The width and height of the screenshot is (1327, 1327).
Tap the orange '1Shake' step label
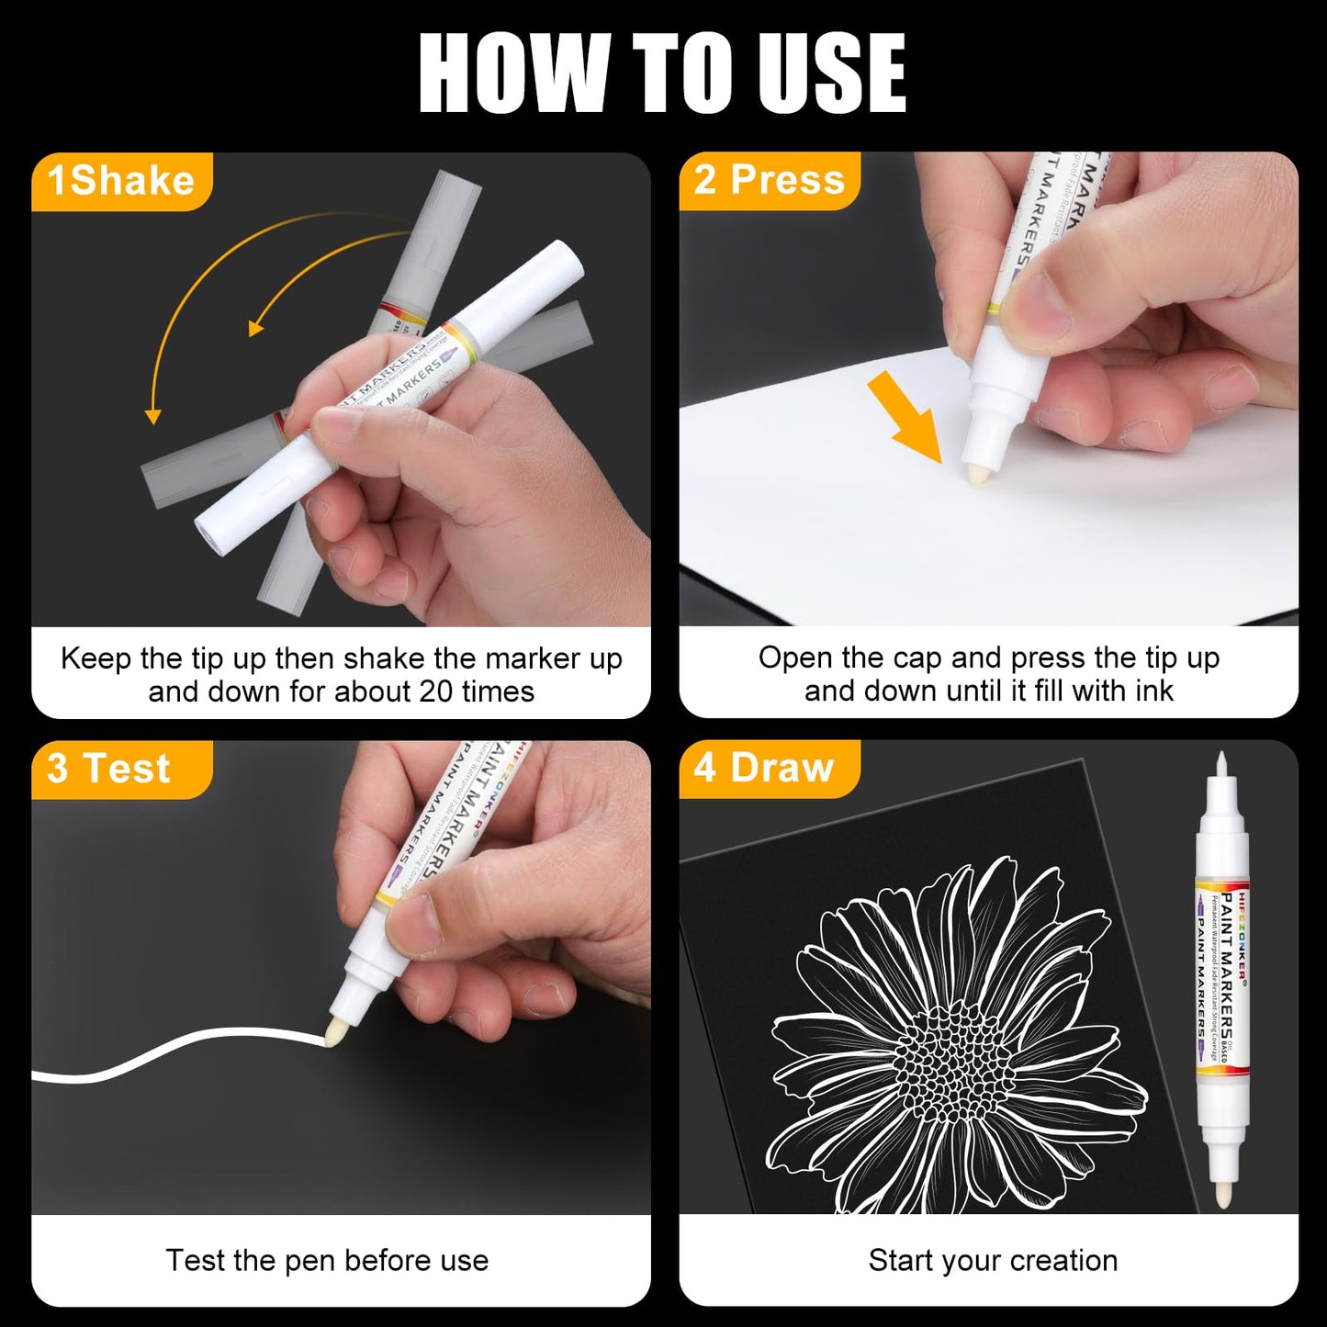(121, 181)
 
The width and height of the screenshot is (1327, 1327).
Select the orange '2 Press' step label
(769, 180)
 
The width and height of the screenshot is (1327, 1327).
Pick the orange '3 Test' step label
(109, 769)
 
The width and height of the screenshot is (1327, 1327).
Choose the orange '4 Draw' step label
(763, 768)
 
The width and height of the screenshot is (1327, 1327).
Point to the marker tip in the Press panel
(974, 472)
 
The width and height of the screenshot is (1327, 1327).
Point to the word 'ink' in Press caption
(1153, 691)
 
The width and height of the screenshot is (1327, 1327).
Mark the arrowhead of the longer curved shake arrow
(152, 416)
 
